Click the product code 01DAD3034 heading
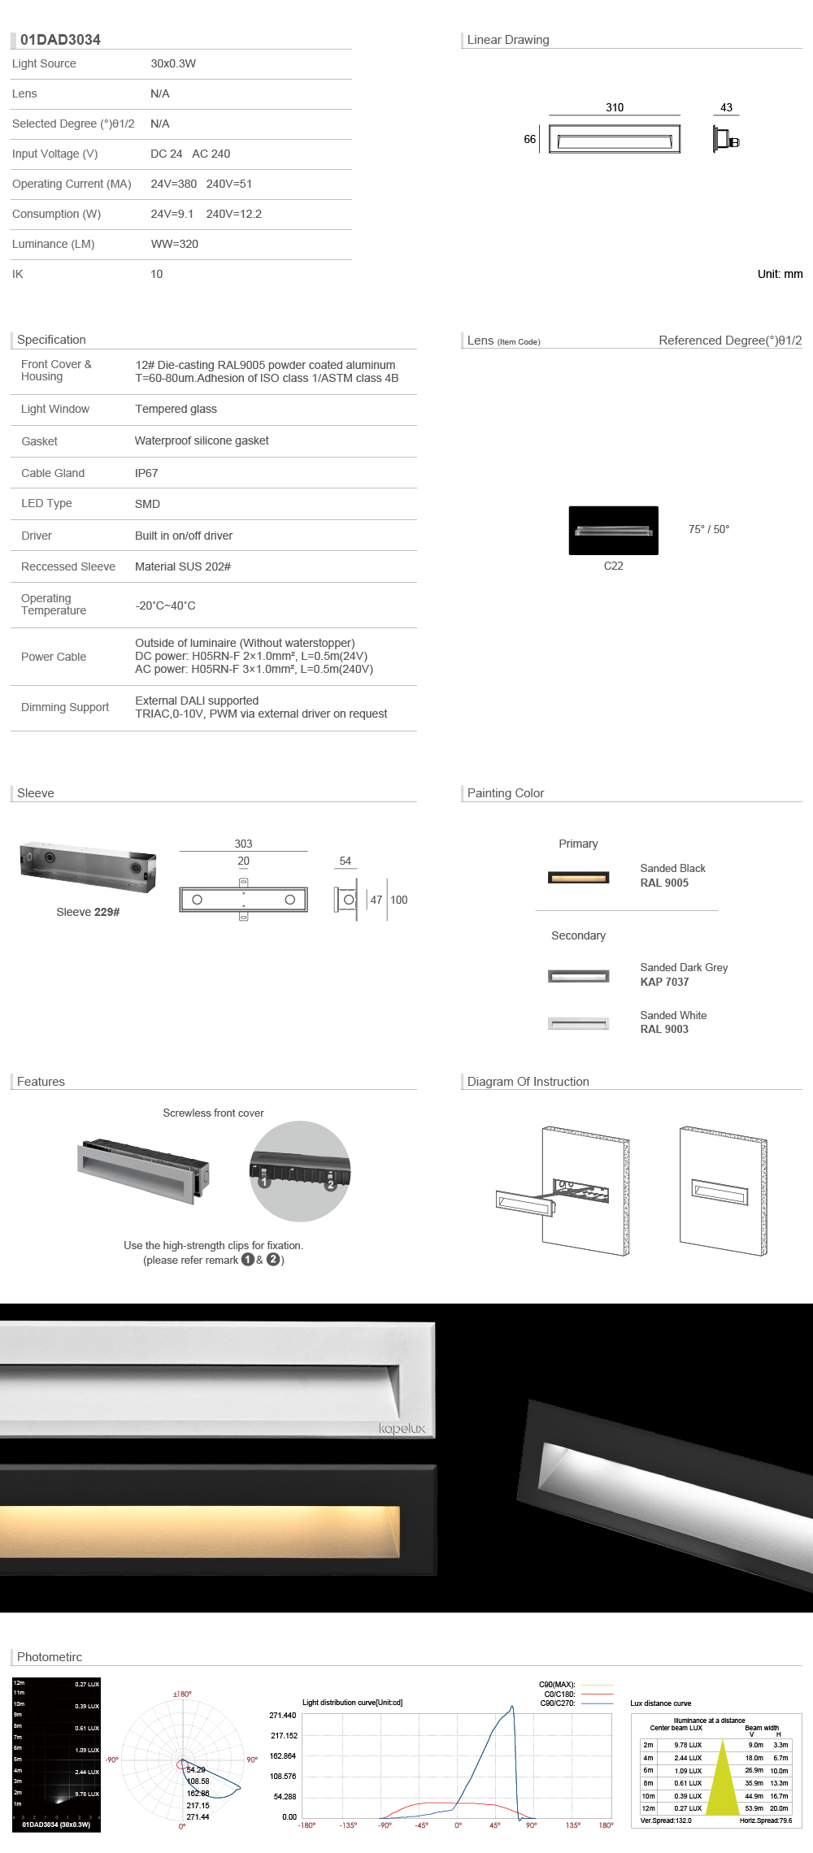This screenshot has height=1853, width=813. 60,40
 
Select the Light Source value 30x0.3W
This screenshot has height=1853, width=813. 173,63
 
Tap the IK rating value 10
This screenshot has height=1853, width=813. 157,274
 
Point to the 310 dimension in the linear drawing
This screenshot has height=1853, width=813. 615,107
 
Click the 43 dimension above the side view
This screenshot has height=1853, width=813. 726,107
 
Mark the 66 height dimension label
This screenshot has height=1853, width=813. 529,139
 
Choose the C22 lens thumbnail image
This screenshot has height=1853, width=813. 613,531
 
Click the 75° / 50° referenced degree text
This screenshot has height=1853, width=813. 709,529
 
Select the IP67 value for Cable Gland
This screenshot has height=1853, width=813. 146,473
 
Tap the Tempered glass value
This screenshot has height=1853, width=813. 176,409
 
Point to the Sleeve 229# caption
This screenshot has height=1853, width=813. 88,912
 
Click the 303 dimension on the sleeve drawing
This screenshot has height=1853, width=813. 243,844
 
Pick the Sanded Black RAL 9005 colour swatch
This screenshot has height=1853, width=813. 578,878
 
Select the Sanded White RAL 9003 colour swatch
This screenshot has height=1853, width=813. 578,1023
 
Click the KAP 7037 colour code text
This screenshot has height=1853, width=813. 664,982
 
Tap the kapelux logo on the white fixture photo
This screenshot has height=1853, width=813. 402,1429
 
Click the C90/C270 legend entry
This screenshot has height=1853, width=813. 558,1703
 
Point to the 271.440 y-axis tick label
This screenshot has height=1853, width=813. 283,1715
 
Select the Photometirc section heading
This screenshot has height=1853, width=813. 50,1656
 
